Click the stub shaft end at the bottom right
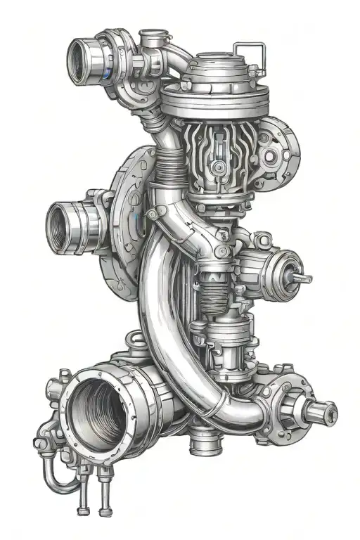point(329,411)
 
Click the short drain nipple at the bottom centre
point(204,444)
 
